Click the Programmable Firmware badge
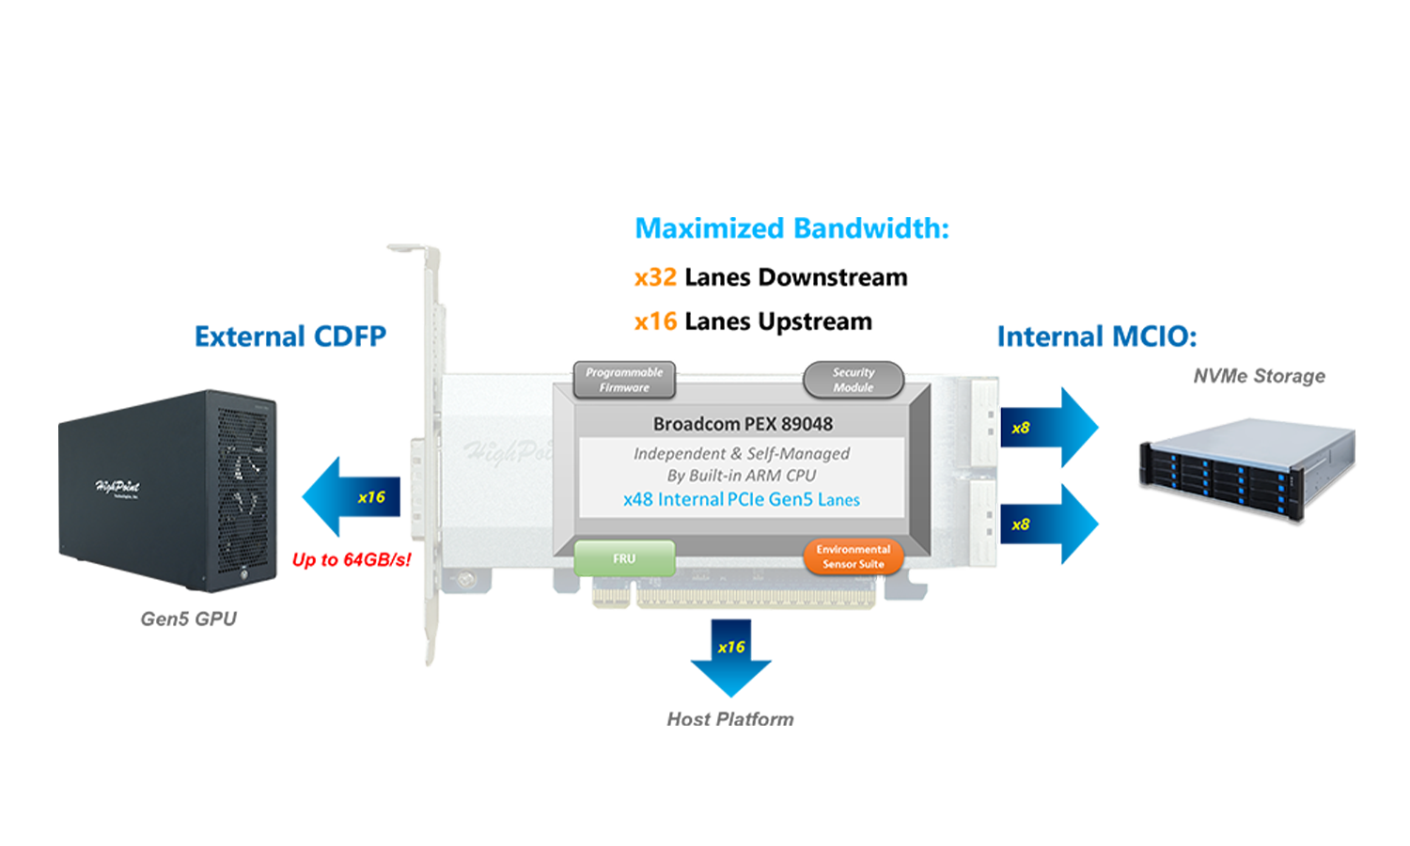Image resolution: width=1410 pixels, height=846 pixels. tap(624, 380)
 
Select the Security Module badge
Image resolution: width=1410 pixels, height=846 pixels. tap(853, 380)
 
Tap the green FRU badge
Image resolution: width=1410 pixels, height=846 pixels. tap(624, 558)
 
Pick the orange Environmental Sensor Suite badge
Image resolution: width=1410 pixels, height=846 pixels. tap(853, 556)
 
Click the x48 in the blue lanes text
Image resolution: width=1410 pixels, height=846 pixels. tap(638, 499)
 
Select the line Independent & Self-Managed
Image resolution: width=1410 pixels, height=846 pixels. tap(741, 453)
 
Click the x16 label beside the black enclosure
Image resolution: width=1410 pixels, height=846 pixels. tap(371, 497)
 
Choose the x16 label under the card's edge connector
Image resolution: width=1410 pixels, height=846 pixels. tap(730, 647)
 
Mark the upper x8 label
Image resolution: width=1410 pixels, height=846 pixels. tap(1020, 428)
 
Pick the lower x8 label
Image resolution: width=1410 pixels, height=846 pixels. tap(1020, 525)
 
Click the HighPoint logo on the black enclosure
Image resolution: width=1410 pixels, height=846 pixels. tap(117, 488)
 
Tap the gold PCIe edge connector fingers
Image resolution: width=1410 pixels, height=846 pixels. tap(752, 596)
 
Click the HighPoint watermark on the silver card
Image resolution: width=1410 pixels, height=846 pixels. tap(508, 452)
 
